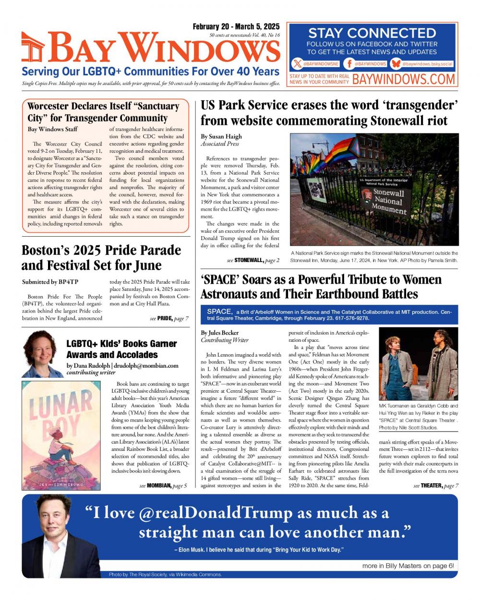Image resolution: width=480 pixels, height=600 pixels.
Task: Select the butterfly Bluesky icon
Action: pyautogui.click(x=396, y=63)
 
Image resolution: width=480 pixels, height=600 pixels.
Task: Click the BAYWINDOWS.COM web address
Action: pyautogui.click(x=403, y=79)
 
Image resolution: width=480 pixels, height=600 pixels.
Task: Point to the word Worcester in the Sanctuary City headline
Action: pyautogui.click(x=48, y=106)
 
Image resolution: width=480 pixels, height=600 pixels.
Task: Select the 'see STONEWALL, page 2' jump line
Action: pyautogui.click(x=253, y=260)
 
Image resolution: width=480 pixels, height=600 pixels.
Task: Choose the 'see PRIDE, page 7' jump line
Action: pyautogui.click(x=169, y=318)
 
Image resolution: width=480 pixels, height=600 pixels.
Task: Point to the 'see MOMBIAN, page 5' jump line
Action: pyautogui.click(x=163, y=486)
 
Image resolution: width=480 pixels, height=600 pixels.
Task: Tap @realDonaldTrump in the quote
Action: pyautogui.click(x=216, y=513)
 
